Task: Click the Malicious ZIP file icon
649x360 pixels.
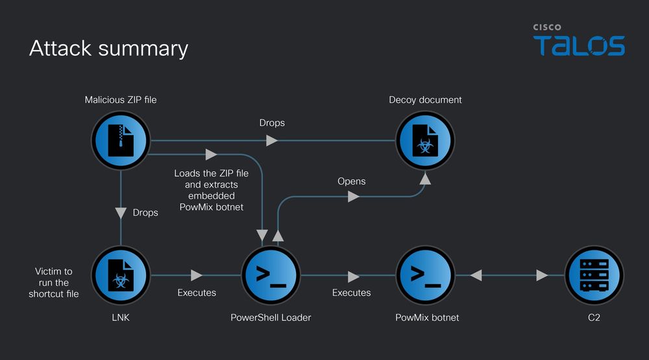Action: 121,140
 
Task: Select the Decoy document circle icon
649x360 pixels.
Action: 425,140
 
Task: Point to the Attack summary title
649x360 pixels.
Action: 108,49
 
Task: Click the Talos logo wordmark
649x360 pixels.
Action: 579,46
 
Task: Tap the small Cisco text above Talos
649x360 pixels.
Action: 547,27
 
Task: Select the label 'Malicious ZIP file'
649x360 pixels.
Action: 121,100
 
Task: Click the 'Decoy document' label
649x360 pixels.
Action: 425,100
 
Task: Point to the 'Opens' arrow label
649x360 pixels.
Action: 351,181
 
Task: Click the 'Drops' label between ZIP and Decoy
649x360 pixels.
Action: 272,123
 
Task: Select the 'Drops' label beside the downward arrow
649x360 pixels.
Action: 145,212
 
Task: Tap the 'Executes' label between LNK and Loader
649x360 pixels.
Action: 197,293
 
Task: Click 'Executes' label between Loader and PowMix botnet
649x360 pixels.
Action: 351,293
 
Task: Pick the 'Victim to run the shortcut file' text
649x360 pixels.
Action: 53,283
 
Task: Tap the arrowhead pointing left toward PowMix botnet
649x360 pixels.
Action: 476,276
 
